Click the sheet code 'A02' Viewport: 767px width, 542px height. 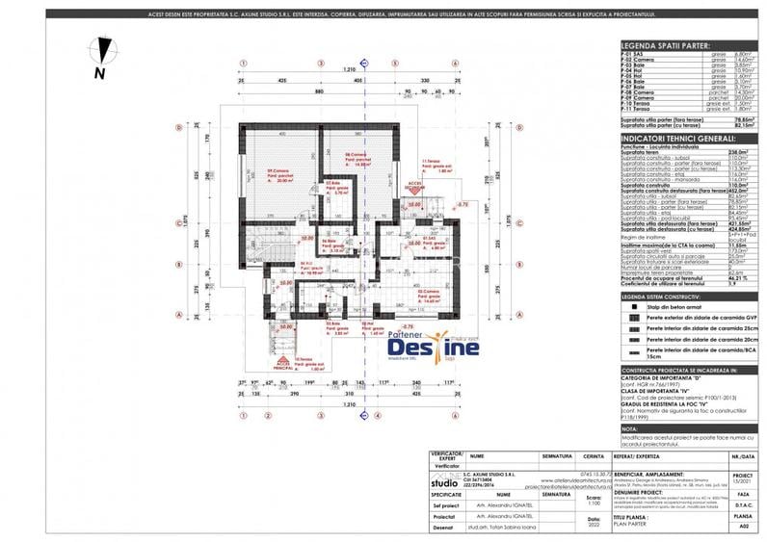742,529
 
